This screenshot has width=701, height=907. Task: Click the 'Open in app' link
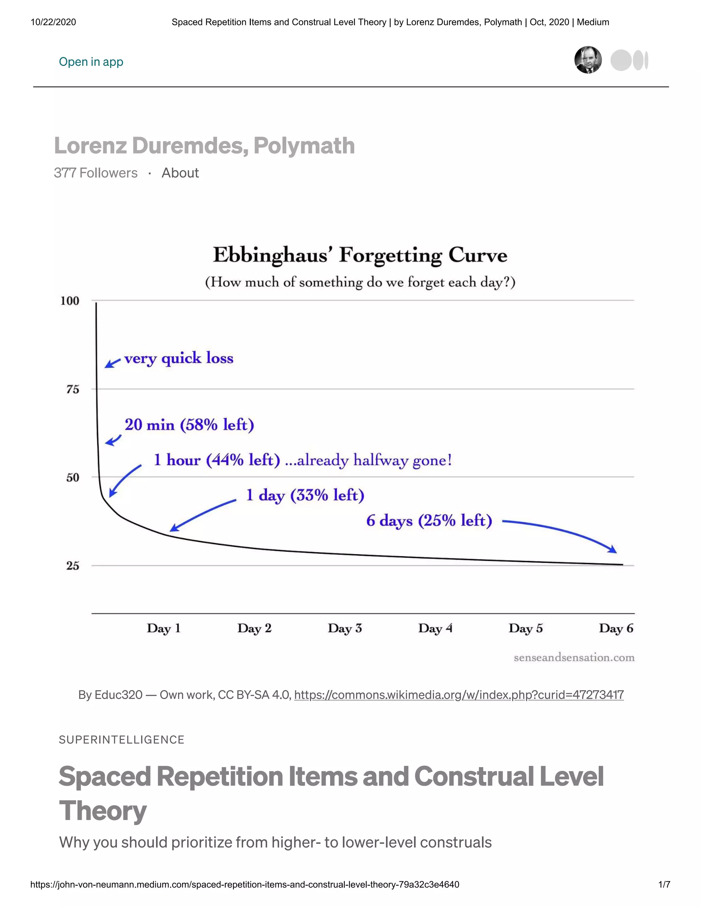tap(91, 62)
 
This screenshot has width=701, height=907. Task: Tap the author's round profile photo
tap(588, 60)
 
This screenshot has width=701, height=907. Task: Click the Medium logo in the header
tap(629, 60)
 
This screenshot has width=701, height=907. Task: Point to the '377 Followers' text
tap(95, 173)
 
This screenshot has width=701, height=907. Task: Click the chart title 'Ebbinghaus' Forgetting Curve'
tap(360, 255)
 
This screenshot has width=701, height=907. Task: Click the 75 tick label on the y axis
tap(73, 389)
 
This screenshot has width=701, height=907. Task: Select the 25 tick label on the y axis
tap(73, 566)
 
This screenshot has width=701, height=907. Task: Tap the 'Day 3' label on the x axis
tap(345, 628)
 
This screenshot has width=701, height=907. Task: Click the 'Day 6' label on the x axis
tap(616, 628)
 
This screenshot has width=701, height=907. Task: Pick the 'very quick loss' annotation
tap(179, 358)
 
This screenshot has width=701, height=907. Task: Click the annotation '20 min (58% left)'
tap(189, 425)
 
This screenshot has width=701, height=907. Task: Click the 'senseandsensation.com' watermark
tap(574, 657)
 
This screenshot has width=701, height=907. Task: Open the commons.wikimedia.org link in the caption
tap(459, 695)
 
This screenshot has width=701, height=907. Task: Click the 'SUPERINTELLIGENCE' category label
tap(122, 740)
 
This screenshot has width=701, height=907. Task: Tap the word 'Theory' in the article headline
tap(103, 810)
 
